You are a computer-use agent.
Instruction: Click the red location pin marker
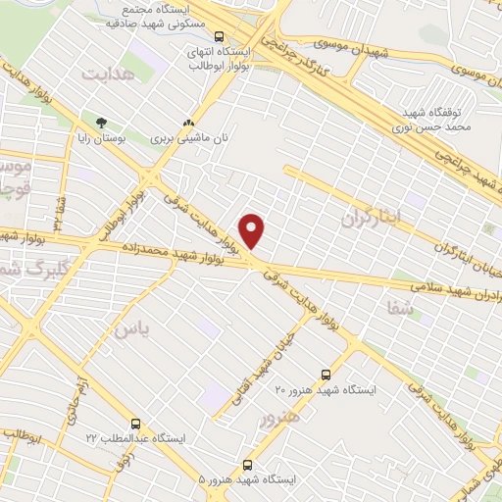tap(254, 231)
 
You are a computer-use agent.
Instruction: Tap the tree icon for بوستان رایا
tap(100, 123)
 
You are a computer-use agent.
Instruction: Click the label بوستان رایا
tap(100, 138)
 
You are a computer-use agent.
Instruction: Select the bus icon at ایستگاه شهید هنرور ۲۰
tap(326, 375)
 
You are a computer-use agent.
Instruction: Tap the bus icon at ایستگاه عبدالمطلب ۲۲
tap(135, 424)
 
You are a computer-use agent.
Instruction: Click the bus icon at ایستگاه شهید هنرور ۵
tap(247, 465)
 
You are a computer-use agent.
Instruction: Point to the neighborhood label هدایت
tap(107, 75)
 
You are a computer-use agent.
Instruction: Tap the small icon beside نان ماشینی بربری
tap(187, 124)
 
